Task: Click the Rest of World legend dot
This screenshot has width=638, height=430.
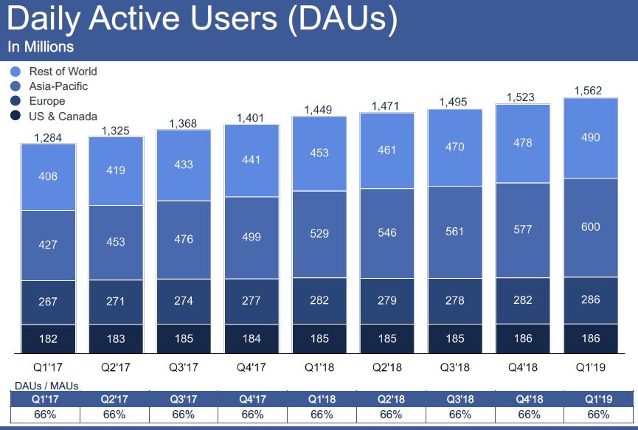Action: (x=15, y=72)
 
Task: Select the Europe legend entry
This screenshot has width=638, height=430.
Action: (x=46, y=101)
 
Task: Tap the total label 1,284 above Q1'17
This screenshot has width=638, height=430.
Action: (x=48, y=137)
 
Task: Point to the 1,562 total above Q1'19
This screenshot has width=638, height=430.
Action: (x=588, y=91)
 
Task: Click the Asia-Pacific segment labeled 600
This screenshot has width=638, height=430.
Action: (x=590, y=227)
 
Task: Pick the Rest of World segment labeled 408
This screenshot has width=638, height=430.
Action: (x=48, y=177)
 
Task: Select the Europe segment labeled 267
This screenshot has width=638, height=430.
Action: (x=48, y=302)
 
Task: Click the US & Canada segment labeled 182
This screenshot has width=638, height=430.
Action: (x=48, y=339)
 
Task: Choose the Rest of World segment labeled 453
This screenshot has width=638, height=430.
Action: (x=319, y=153)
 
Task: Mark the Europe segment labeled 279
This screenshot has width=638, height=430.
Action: (x=387, y=300)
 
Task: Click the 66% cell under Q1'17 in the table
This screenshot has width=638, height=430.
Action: (x=46, y=415)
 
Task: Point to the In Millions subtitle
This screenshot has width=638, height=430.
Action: (x=41, y=46)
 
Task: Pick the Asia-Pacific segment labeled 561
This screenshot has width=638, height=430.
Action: (x=455, y=232)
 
